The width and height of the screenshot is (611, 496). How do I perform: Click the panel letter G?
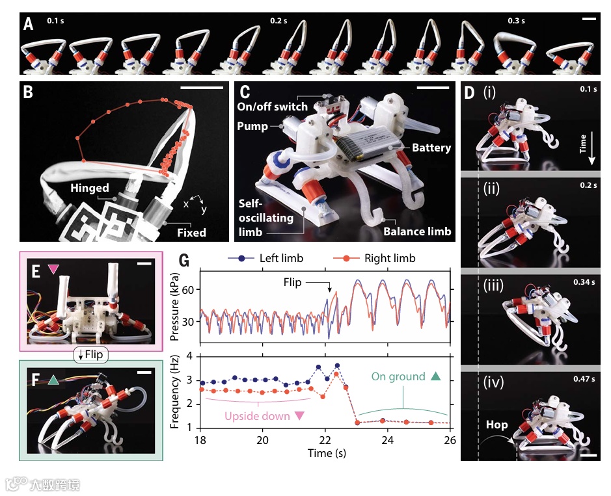[x=183, y=261]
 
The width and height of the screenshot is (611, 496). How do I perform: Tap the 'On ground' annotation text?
[x=398, y=376]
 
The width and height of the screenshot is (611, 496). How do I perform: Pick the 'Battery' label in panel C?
[x=431, y=148]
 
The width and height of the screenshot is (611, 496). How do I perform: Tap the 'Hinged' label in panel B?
[x=90, y=188]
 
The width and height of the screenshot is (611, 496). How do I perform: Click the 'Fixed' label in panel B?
[x=192, y=232]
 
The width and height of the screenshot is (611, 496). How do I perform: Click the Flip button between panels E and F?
[x=90, y=355]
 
